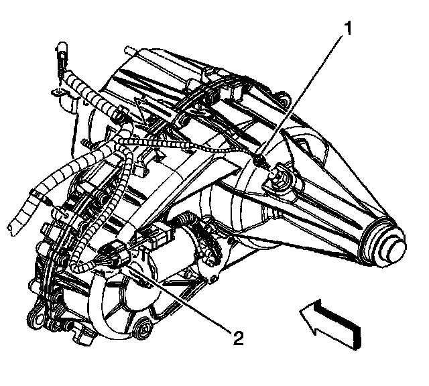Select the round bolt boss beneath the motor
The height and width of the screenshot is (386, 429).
pos(141,328)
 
